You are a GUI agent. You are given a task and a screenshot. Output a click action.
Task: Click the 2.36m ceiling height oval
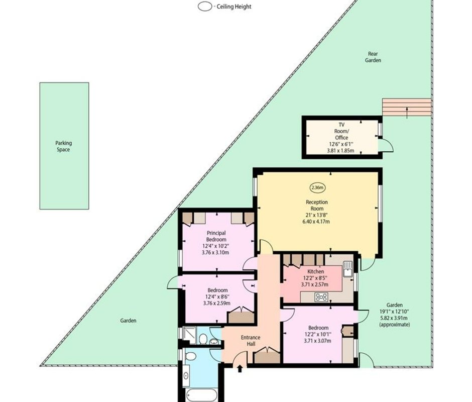coord(317,188)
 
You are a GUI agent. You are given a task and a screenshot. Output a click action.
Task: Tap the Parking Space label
coord(63,146)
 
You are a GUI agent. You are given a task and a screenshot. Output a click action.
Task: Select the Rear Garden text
coord(373,57)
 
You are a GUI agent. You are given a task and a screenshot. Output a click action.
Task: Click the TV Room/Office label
coord(341,131)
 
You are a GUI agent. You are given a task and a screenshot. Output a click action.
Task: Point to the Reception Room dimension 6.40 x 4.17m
coord(316,222)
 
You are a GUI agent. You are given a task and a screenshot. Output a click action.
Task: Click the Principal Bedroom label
coord(216,236)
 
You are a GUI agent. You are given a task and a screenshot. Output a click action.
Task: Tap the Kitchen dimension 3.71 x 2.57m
coord(314,284)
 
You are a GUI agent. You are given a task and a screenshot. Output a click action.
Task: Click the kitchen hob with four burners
coord(321,297)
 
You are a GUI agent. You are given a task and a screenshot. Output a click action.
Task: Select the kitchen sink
coord(347,269)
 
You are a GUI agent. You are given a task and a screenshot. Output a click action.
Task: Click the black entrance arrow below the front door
coord(240,368)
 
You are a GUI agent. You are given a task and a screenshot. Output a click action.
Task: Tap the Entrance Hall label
coord(251,341)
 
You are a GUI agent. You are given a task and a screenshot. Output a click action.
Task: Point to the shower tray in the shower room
coord(190,335)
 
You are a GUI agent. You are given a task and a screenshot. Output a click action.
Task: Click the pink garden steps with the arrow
coord(407,107)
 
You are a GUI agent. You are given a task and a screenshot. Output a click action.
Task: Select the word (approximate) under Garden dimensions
coord(395,325)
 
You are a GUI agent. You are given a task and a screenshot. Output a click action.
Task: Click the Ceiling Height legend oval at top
coord(205,7)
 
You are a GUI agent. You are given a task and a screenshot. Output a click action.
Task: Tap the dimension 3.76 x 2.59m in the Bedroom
coord(217,303)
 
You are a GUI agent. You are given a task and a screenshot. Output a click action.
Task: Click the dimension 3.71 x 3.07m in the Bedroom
coord(317,341)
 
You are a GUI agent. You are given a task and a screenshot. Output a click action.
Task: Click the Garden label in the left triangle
coord(128,321)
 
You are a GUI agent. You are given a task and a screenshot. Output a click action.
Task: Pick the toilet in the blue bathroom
coord(191,356)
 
